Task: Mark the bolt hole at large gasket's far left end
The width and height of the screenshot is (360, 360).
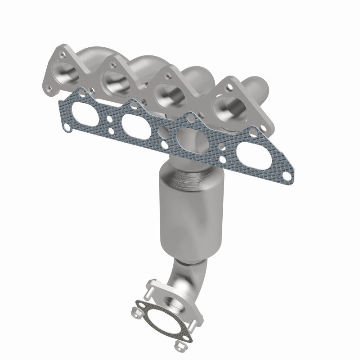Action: coord(66,127)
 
